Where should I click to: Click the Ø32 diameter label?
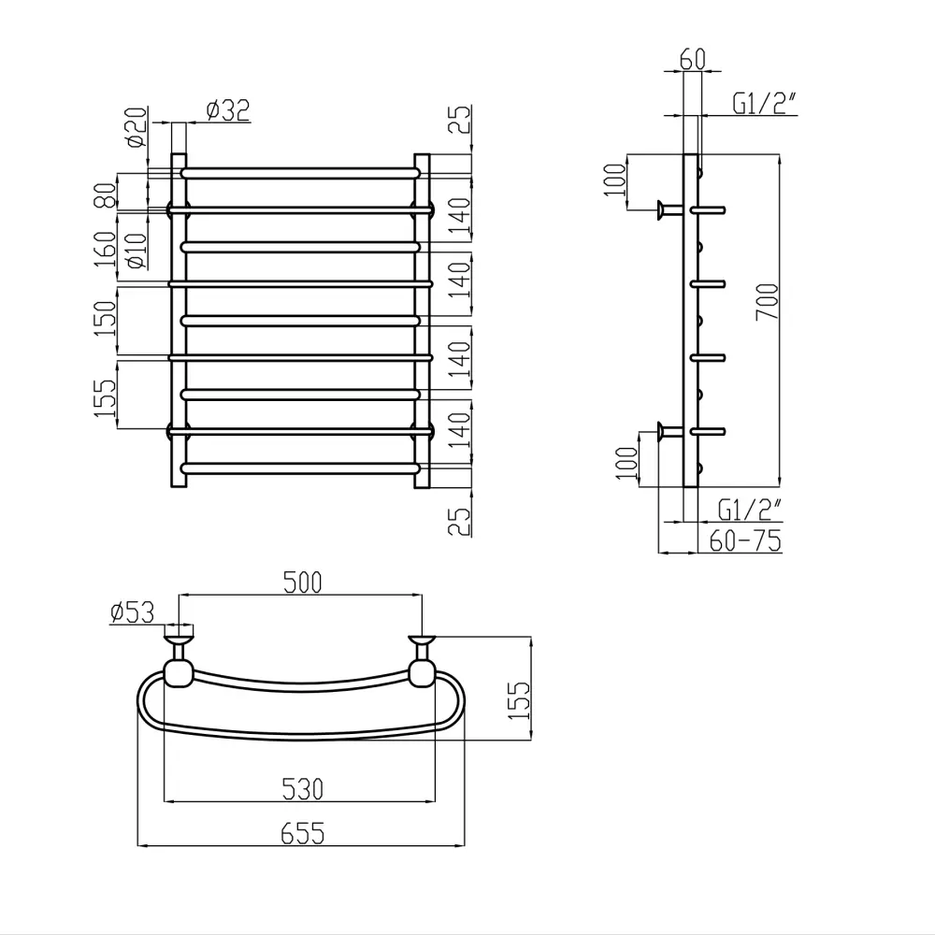point(228,110)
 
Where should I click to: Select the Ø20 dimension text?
point(137,127)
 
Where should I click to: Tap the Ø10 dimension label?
point(137,251)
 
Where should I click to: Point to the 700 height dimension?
point(767,302)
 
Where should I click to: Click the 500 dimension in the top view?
point(302,583)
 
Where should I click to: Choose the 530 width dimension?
point(302,789)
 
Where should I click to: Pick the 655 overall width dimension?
point(302,833)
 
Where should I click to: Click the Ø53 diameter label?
point(133,612)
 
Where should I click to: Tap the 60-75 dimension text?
point(745,540)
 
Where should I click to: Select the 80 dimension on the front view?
point(106,195)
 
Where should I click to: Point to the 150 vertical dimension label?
point(106,319)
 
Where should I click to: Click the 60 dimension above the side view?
point(692,59)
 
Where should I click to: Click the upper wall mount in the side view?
point(670,209)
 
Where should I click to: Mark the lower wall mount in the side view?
point(670,431)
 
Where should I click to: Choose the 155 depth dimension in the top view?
point(519,700)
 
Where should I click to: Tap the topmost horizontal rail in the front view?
point(301,173)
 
